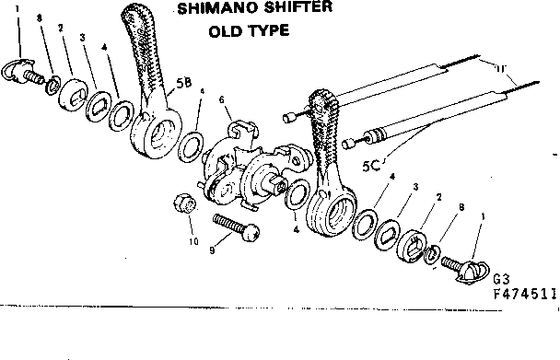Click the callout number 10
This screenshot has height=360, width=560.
pos(193,242)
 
